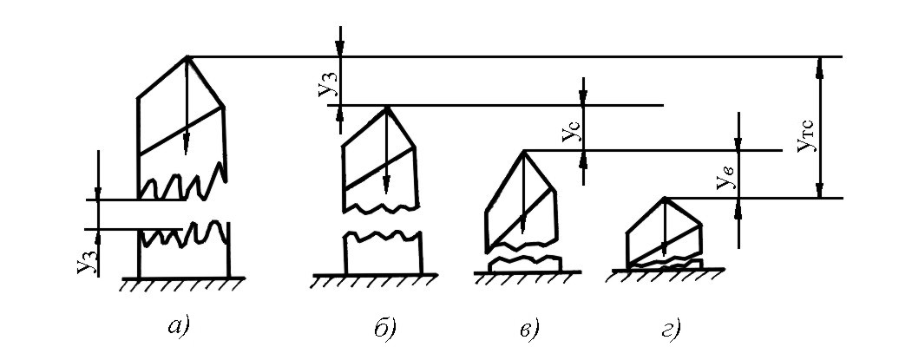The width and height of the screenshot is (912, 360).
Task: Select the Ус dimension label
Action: (569, 133)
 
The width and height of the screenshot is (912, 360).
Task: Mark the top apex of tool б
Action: (385, 107)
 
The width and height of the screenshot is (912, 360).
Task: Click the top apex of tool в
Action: (524, 151)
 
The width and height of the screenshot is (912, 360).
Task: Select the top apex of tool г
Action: (664, 199)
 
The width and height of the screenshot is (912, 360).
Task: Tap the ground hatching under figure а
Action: (182, 283)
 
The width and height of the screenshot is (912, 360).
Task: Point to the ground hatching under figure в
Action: (525, 278)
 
